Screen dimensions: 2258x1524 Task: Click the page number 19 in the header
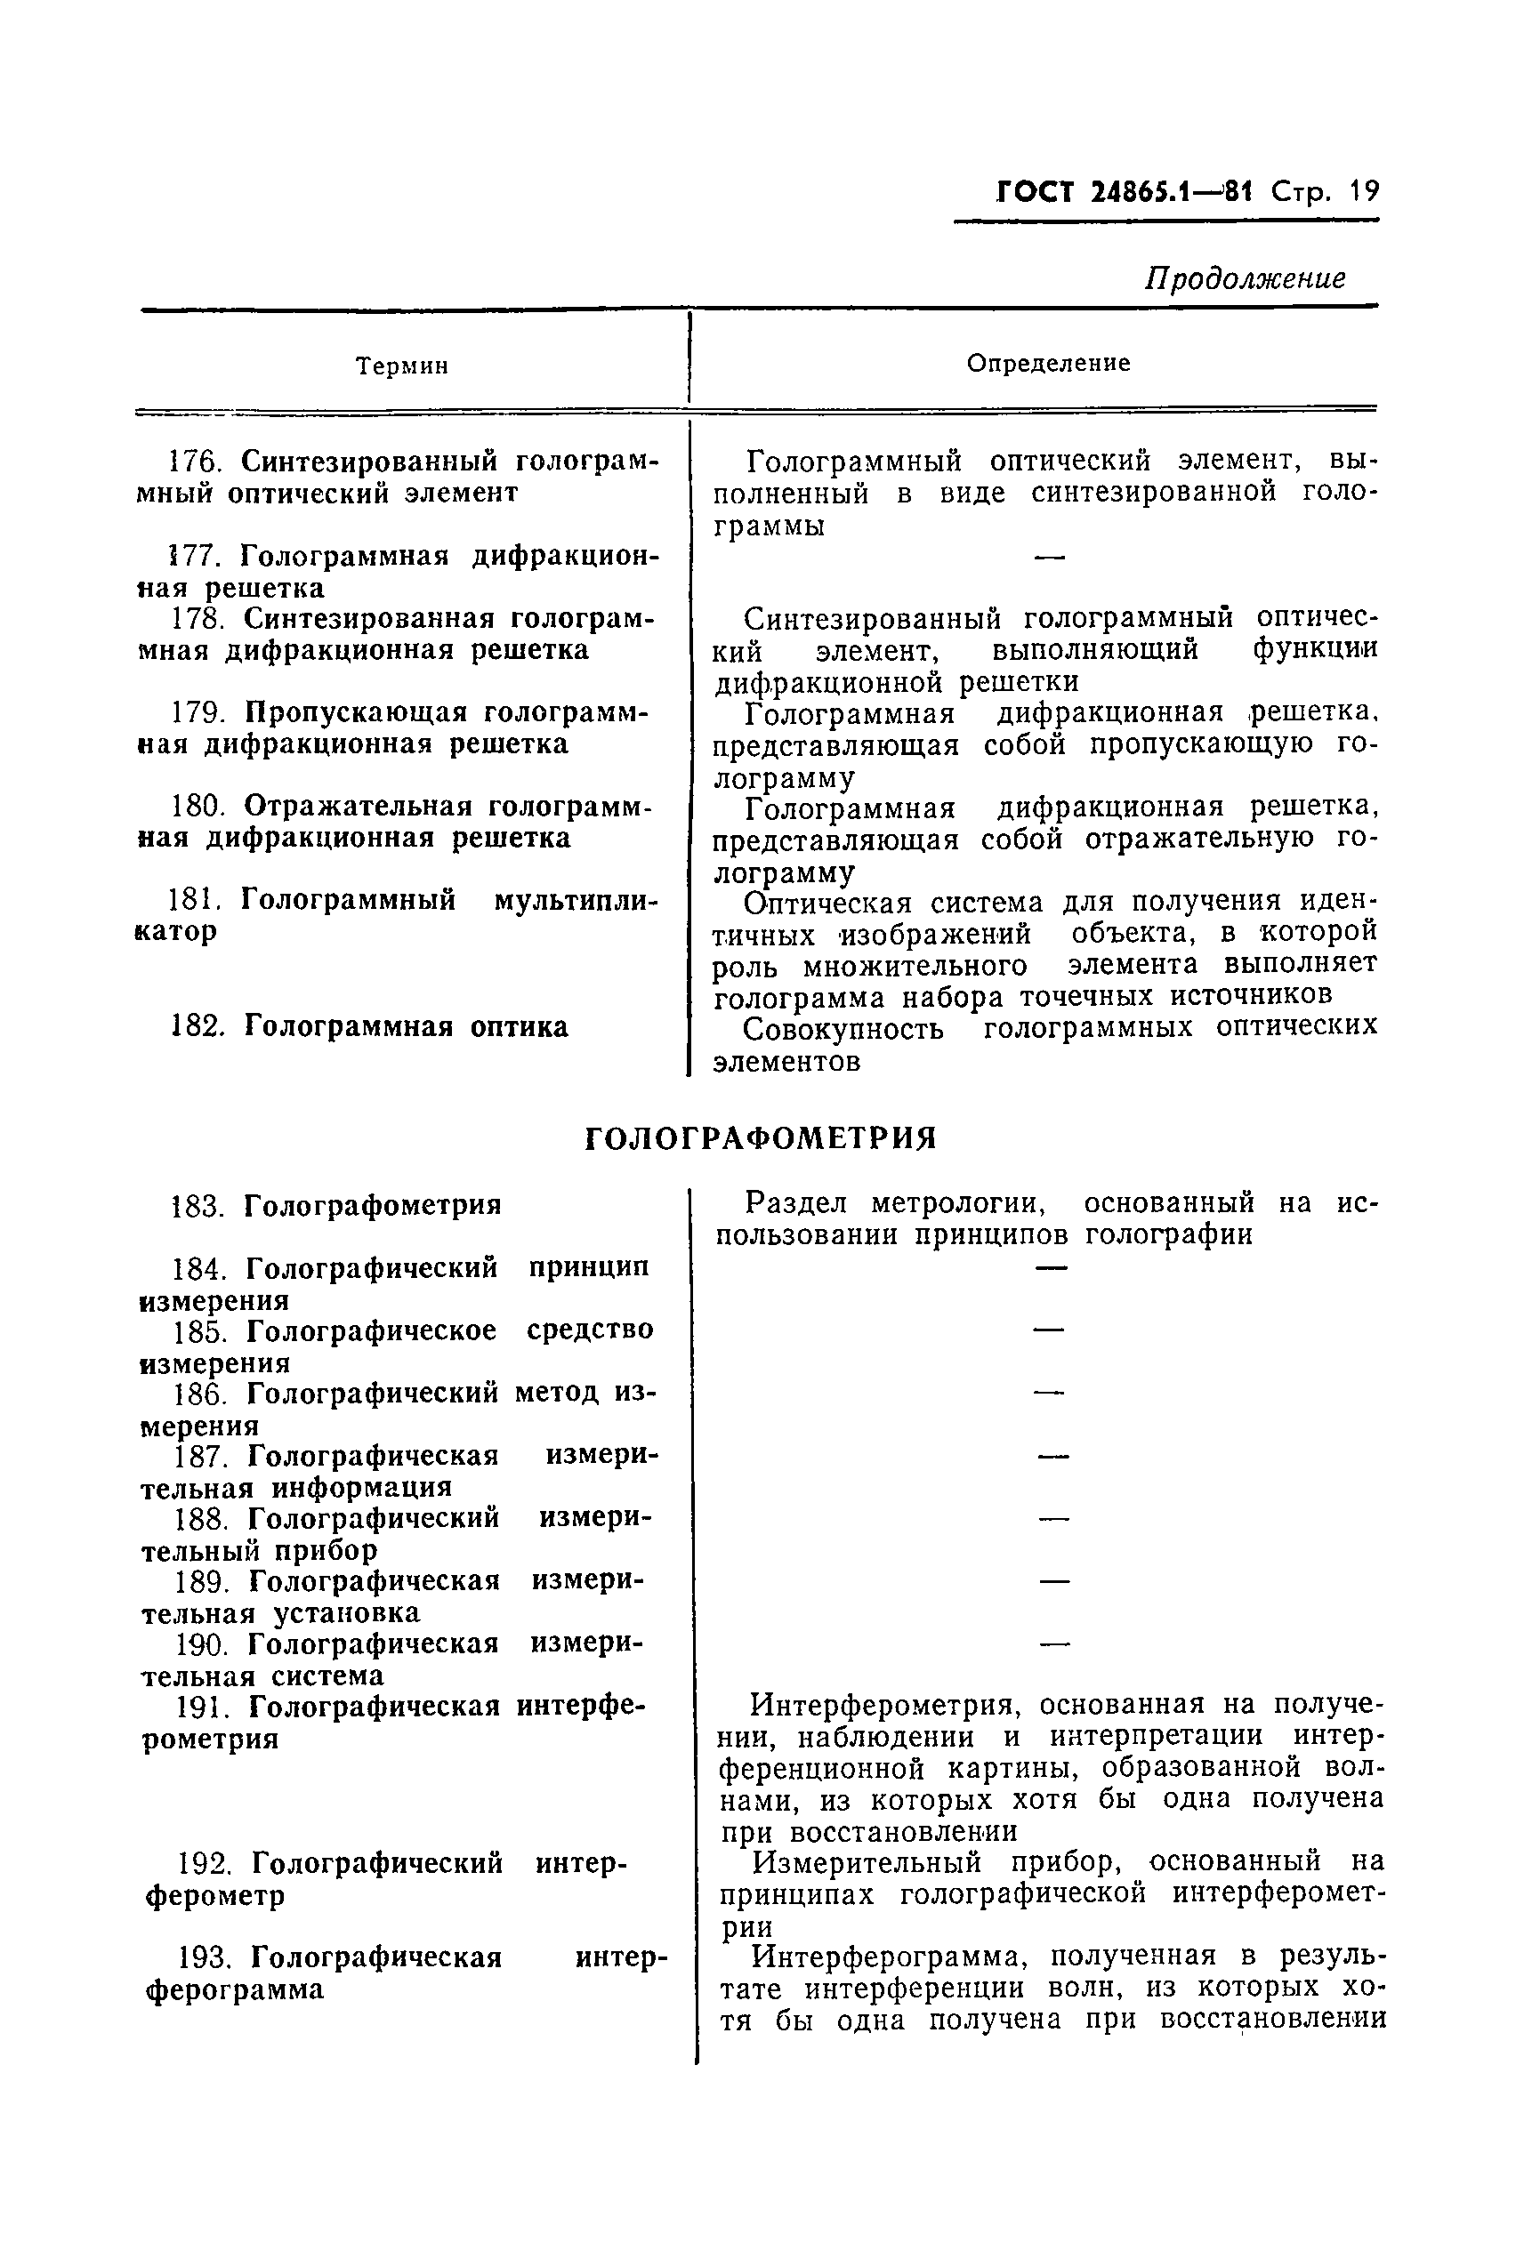point(1363,191)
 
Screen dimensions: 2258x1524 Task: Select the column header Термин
point(401,366)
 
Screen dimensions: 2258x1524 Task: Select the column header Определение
point(1048,364)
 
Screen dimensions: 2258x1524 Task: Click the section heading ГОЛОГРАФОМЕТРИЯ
point(761,1137)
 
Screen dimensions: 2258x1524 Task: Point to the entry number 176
point(198,461)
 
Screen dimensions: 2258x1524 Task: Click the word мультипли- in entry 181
point(576,900)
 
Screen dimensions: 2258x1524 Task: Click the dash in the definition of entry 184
point(1051,1267)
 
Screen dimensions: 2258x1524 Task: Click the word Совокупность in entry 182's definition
point(843,1029)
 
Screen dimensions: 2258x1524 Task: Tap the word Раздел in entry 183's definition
point(796,1204)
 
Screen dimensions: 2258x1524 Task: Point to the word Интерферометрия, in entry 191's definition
point(884,1704)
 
